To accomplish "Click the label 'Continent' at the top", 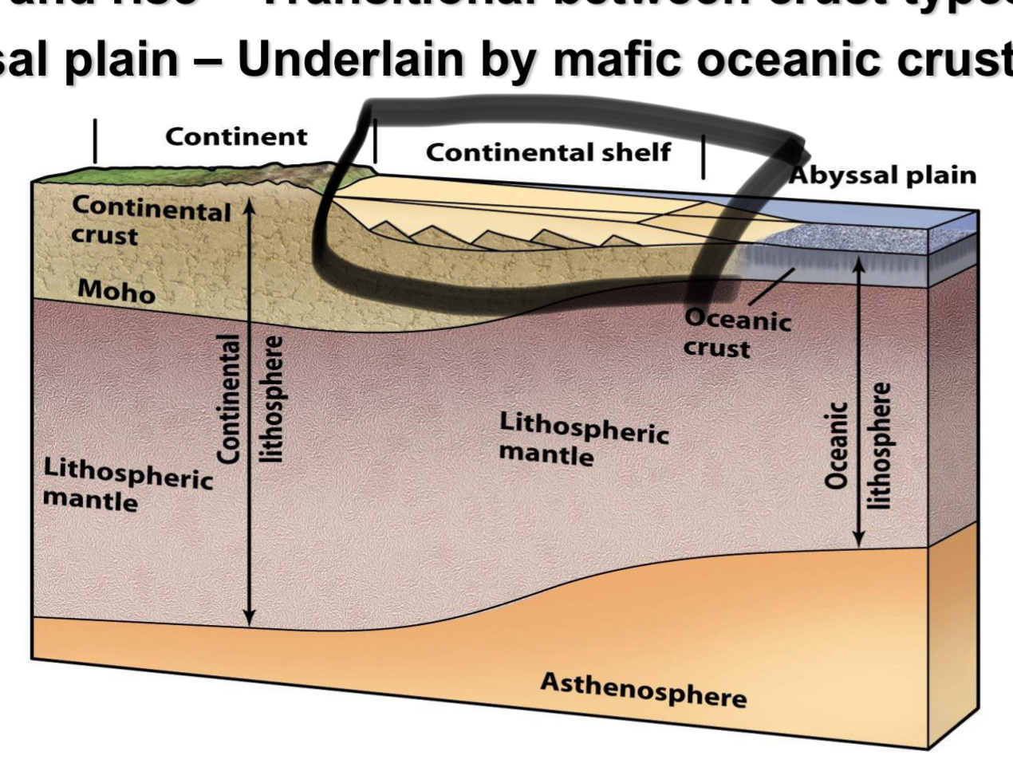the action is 236,137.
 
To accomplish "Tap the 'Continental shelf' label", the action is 548,152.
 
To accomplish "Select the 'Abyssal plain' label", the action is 883,175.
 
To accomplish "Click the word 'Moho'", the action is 116,292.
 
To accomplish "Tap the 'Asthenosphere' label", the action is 643,690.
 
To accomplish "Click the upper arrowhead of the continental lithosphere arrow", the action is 250,206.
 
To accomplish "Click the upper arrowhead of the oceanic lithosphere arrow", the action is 859,266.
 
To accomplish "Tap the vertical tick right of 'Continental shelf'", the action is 704,157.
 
